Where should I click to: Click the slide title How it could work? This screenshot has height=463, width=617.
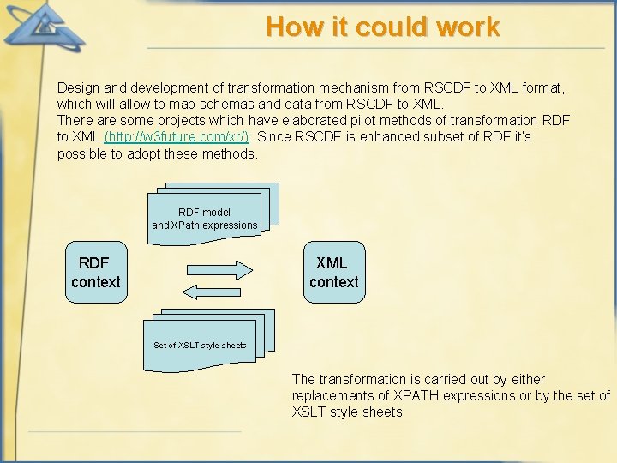coord(382,27)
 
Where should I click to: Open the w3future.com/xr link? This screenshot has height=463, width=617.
coord(177,137)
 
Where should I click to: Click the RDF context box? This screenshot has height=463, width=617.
coord(96,273)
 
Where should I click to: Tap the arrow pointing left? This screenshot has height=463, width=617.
coord(213,292)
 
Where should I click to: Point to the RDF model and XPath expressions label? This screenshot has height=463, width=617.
coord(205,219)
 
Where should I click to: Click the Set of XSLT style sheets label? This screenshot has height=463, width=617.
coord(200,346)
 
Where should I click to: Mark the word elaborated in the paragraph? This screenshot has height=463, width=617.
coord(293,121)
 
